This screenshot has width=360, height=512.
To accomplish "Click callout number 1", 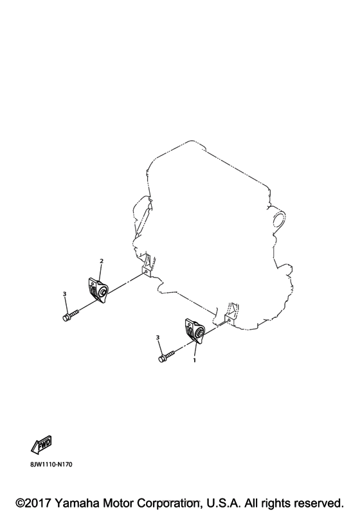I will (194, 361).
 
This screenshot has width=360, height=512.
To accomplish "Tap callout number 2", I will (101, 261).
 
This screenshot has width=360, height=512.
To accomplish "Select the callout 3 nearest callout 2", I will (65, 294).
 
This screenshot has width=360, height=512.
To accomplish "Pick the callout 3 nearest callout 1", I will (158, 337).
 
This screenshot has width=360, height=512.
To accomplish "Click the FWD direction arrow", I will (40, 444).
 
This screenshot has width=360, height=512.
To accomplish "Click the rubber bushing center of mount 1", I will (200, 333).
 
